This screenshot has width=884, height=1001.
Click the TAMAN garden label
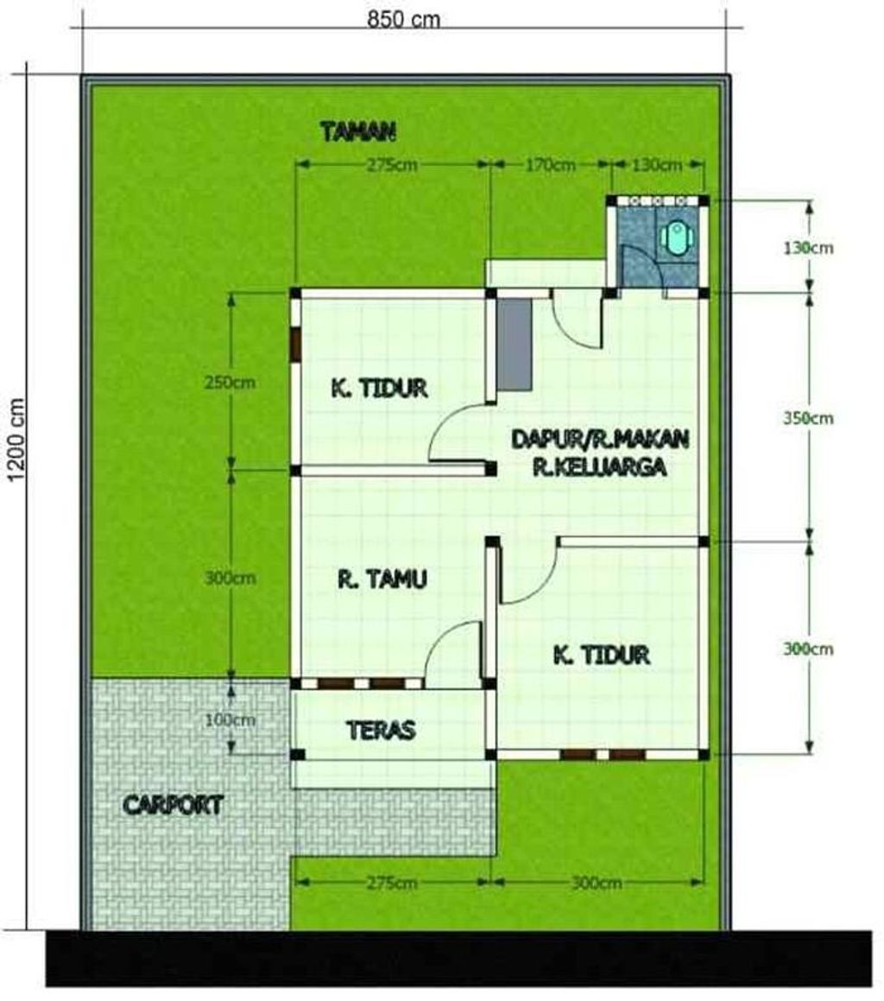tap(357, 131)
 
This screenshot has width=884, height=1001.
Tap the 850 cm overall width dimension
tap(403, 19)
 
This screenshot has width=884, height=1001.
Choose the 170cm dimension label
tap(550, 164)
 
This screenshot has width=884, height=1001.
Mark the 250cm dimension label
tap(230, 382)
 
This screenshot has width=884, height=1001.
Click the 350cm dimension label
tap(810, 418)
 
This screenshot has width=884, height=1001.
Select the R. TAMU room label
tap(382, 579)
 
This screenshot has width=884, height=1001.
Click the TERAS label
tap(381, 730)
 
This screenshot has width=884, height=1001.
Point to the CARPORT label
tap(173, 805)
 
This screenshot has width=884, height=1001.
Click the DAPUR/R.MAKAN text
tap(600, 439)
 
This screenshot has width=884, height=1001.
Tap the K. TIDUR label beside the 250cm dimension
tap(380, 388)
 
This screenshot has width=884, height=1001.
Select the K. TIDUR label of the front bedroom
tap(601, 655)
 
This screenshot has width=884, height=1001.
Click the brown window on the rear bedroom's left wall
tap(295, 345)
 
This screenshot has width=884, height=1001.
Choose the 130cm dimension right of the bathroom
tap(810, 248)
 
